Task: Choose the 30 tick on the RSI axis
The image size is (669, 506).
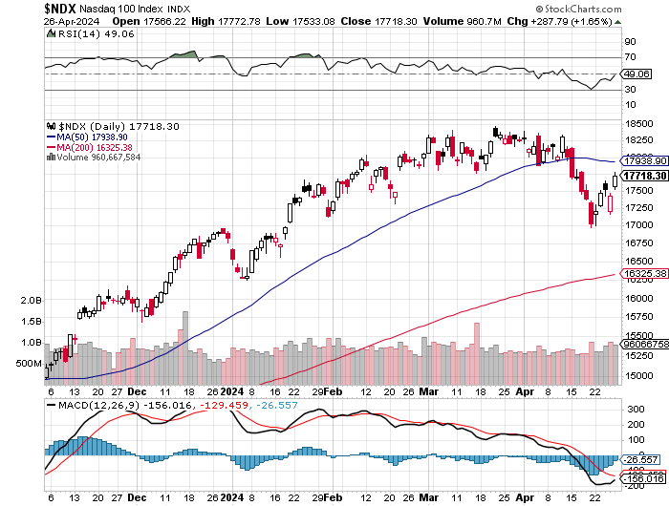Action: [x=631, y=91]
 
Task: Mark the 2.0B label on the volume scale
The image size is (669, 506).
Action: [x=30, y=300]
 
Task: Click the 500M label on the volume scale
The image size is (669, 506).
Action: [x=28, y=364]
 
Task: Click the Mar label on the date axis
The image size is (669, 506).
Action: [x=426, y=391]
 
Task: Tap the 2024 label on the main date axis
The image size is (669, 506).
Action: [x=232, y=391]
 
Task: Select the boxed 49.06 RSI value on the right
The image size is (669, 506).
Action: [x=635, y=74]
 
